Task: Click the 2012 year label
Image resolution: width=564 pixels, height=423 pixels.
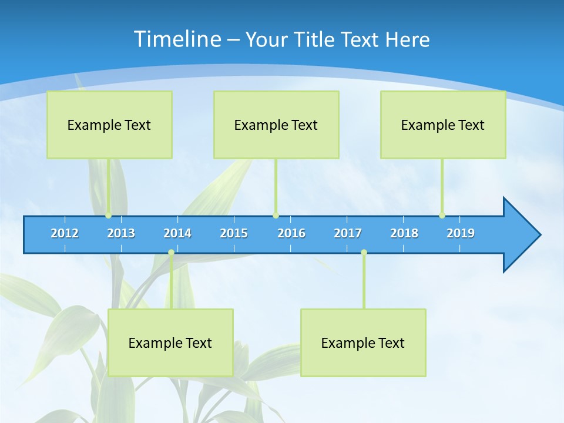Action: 65,233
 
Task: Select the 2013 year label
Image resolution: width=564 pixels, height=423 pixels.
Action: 121,233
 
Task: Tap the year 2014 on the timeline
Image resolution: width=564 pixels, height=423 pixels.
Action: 177,233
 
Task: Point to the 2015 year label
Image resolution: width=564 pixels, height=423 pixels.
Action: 234,233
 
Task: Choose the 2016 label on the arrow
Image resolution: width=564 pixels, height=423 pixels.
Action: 291,233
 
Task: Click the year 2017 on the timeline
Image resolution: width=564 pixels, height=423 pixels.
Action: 348,233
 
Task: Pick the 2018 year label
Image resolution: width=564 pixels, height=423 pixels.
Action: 404,233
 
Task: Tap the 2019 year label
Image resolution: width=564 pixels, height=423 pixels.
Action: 461,233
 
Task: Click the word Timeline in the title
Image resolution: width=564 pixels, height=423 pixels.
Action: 177,39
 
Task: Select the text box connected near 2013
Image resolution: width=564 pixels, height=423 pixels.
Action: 109,125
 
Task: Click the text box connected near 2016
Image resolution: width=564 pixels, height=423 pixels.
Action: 276,125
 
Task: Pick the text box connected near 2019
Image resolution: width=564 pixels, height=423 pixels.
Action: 443,125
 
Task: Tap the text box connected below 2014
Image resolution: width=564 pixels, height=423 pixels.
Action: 170,343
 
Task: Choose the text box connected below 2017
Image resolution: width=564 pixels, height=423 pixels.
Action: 363,343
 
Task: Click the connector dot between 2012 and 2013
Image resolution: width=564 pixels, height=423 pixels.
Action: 108,216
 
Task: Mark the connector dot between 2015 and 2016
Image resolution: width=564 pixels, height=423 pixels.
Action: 276,216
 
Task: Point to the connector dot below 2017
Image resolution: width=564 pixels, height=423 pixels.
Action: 364,252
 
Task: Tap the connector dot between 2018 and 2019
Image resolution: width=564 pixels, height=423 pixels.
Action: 442,216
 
